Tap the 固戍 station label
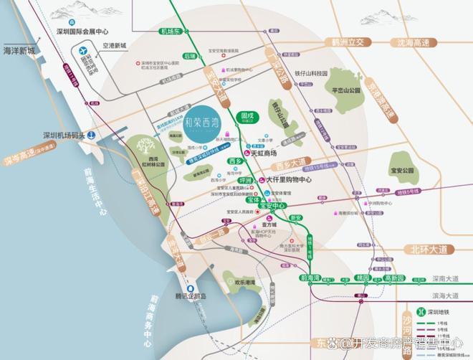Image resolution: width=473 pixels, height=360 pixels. tap(249, 115)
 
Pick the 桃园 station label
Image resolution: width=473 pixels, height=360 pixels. tap(362, 278)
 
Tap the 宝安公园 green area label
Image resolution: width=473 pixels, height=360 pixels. tap(403, 171)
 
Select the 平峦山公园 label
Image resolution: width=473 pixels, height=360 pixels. tap(346, 90)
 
